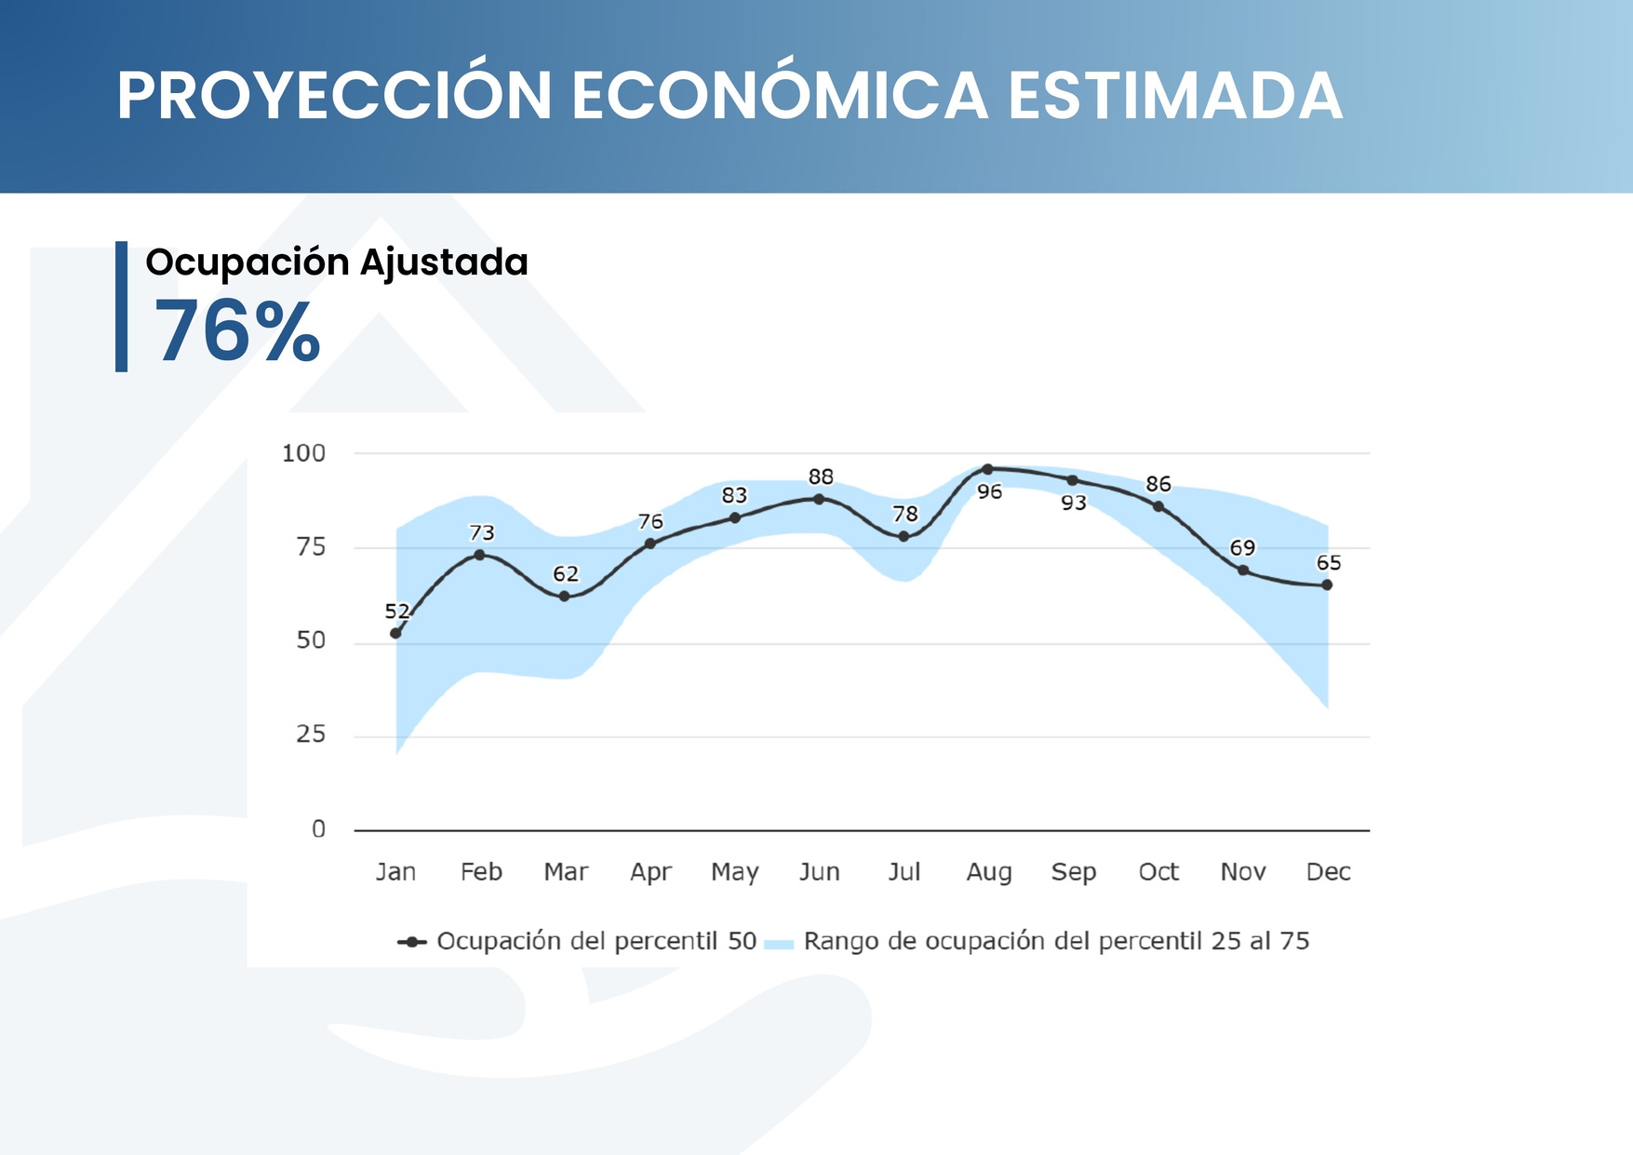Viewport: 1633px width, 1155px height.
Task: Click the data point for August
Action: [988, 469]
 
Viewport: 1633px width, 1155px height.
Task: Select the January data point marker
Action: [395, 633]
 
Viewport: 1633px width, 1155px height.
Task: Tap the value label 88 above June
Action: [821, 477]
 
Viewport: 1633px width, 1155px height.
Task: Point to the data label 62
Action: [566, 573]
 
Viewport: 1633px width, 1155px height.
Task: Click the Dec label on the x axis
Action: [1328, 872]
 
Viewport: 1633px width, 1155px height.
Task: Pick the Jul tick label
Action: [904, 872]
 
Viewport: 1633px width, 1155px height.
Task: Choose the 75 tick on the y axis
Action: [311, 547]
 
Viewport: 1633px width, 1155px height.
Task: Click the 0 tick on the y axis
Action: [318, 829]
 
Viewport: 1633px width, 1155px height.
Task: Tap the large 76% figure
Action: [237, 332]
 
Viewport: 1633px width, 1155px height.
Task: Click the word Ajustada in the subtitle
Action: [444, 262]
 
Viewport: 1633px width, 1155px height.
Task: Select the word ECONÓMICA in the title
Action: [779, 96]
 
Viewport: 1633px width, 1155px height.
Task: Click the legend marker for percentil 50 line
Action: [411, 942]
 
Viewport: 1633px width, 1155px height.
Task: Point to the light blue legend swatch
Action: [778, 944]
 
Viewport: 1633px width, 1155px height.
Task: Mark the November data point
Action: [1243, 570]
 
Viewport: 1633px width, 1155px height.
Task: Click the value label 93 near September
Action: [1074, 503]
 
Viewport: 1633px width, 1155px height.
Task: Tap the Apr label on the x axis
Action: [650, 872]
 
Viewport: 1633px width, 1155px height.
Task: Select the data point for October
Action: [1158, 506]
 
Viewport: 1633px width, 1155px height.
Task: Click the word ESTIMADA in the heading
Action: [1175, 96]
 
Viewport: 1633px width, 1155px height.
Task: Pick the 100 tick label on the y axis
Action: [303, 453]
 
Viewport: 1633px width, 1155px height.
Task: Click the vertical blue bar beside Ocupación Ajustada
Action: [121, 306]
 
